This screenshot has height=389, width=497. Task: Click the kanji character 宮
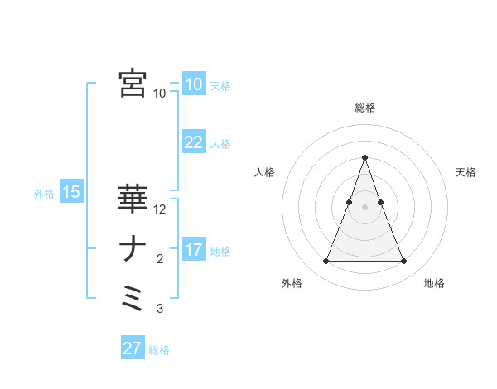(x=133, y=84)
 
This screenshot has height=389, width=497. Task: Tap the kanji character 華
(x=133, y=199)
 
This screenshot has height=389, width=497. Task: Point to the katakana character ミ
(x=133, y=297)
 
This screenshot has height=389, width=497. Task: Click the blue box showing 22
(x=193, y=142)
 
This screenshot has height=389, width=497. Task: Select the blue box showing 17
(x=193, y=250)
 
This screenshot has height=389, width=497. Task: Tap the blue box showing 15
(x=71, y=193)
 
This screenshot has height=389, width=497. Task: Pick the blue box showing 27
(x=132, y=348)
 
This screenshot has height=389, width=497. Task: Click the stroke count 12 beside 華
(x=161, y=210)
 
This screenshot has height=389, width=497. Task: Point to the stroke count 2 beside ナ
(x=160, y=260)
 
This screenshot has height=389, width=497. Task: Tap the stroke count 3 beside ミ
(x=160, y=310)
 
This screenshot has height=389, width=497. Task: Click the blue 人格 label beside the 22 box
(x=220, y=144)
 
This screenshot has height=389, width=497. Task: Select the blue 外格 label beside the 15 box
(x=44, y=194)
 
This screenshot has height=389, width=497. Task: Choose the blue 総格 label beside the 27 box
(x=159, y=350)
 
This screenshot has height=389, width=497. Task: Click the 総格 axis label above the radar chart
(x=364, y=108)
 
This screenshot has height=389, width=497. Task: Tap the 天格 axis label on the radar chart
(x=466, y=172)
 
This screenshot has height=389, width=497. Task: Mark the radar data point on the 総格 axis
(x=364, y=157)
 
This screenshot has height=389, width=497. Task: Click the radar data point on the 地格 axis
(x=404, y=262)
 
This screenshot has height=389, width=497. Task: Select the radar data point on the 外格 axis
(x=326, y=262)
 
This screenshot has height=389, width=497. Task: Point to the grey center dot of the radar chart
(x=364, y=207)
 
